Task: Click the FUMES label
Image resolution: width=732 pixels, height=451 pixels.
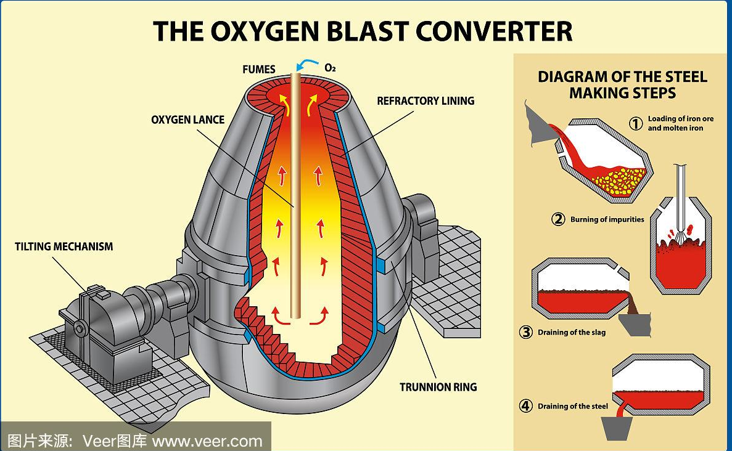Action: coord(258,69)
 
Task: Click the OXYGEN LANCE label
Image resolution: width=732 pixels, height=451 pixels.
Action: coord(187,119)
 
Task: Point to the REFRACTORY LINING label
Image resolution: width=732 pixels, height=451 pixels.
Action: coord(426,100)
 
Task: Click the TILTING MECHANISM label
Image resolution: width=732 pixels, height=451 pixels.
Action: coord(64,246)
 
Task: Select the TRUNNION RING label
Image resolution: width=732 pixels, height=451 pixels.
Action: coord(438,387)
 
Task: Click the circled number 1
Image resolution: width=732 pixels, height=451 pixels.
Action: coord(636,123)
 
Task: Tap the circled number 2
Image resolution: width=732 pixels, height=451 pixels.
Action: coord(558,219)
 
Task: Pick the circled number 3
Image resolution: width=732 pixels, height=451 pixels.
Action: coord(525,332)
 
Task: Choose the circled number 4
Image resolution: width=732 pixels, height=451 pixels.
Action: coord(525,406)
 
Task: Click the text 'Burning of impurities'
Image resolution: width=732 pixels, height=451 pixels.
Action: coord(607,219)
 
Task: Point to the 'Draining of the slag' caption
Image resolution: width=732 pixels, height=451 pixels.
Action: coord(572,333)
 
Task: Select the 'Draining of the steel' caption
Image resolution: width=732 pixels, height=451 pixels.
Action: coord(573,407)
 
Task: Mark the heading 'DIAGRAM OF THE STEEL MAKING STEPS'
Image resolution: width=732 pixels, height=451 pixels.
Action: coord(622,85)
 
